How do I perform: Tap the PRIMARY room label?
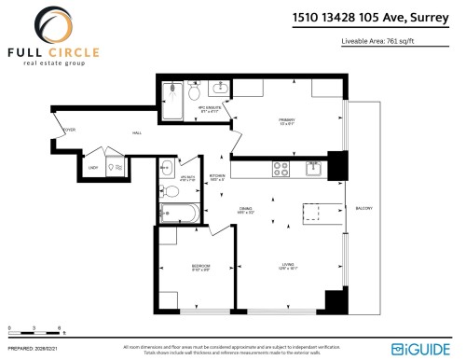tap(286, 119)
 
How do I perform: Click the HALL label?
tap(138, 133)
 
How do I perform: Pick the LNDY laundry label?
tap(92, 168)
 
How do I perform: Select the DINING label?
tap(245, 210)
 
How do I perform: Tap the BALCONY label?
tap(363, 208)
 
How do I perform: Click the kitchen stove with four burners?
tap(280, 169)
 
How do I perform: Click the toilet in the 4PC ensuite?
tap(193, 94)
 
